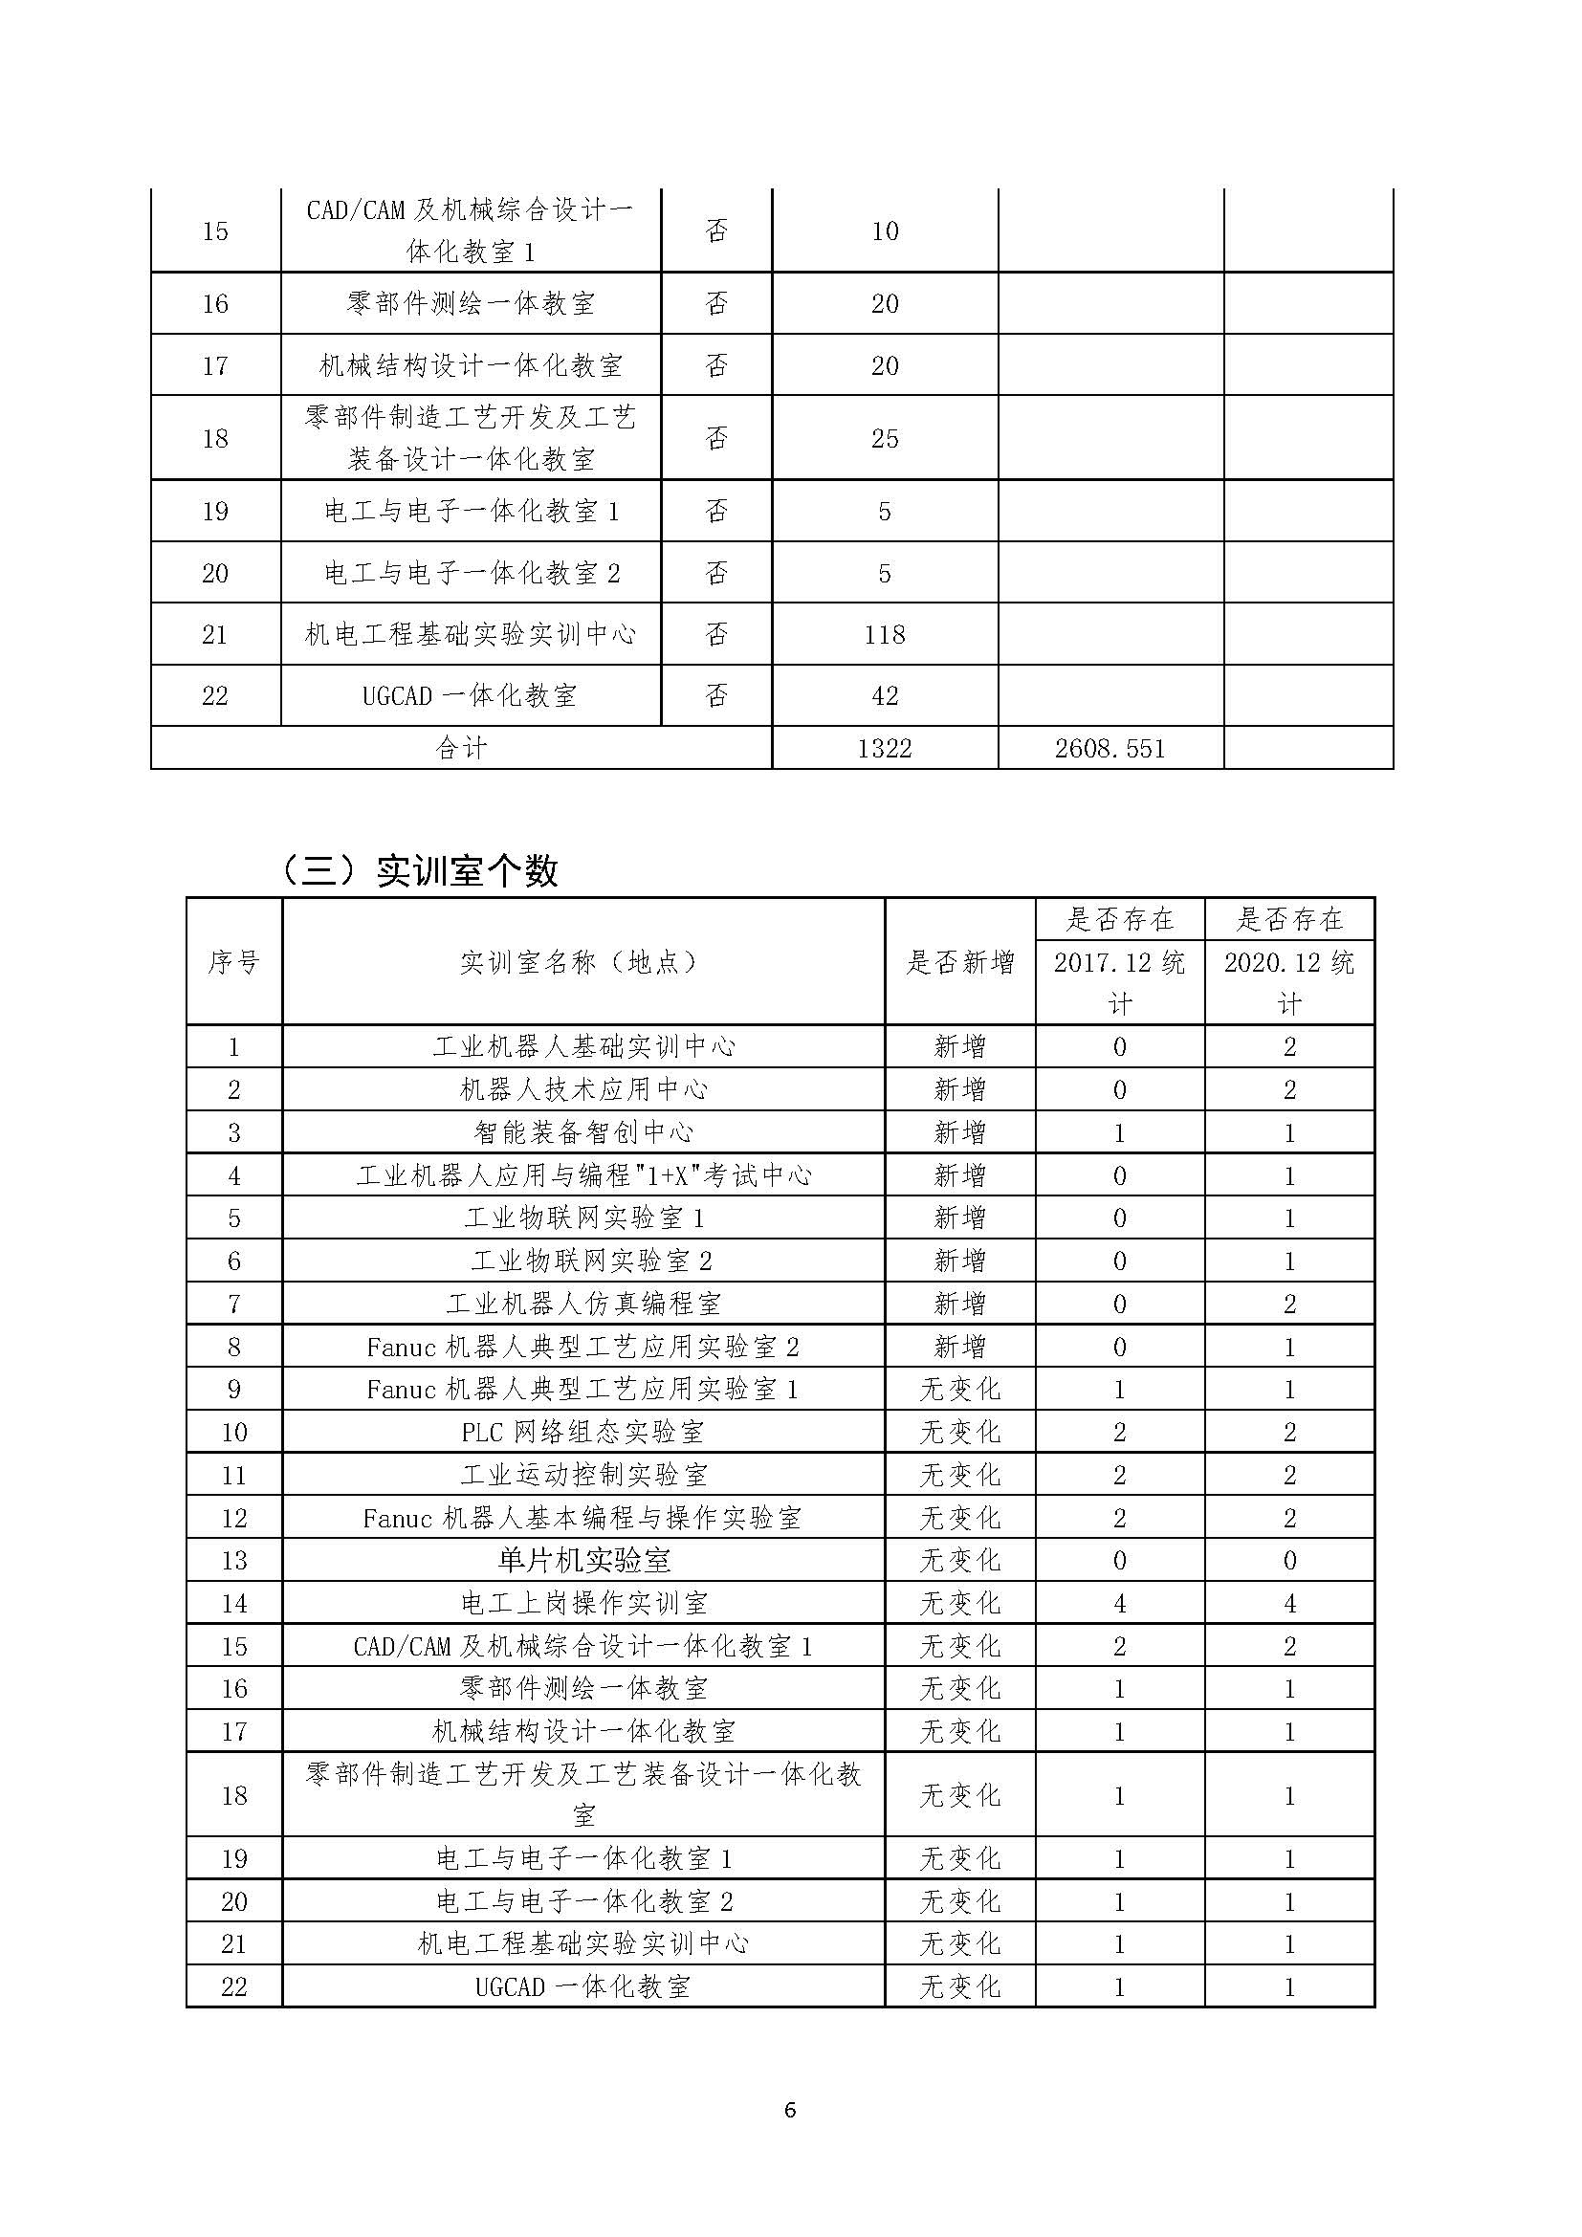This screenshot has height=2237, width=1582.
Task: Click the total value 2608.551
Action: pos(1110,748)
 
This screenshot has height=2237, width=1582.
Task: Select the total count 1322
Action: pos(885,748)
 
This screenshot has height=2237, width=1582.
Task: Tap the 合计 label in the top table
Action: pos(461,748)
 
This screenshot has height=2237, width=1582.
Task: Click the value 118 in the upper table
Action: pos(885,635)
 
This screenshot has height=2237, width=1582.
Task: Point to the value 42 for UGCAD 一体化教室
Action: pos(885,696)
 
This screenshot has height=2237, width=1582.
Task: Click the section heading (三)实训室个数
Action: pos(419,870)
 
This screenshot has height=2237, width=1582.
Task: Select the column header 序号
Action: pos(233,963)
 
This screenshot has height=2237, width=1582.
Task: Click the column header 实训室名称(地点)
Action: pos(582,963)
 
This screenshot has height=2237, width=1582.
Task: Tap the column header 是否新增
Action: pos(960,963)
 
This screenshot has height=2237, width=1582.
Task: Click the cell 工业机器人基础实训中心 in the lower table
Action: pos(582,1047)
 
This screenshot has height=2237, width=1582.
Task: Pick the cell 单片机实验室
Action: pos(582,1561)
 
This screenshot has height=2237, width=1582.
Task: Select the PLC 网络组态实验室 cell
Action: pos(582,1433)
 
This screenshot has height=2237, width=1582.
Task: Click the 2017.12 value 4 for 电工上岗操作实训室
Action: pos(1119,1604)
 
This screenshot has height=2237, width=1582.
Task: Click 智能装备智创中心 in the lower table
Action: pos(582,1132)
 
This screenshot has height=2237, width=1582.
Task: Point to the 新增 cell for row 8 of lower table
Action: pos(960,1347)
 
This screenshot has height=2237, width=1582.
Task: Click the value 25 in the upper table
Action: pos(885,438)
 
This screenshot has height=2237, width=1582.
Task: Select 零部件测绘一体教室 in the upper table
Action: pos(471,304)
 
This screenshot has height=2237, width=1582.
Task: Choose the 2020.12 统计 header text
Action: pos(1288,982)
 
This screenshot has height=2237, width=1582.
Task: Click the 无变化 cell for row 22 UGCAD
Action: pos(960,1987)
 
